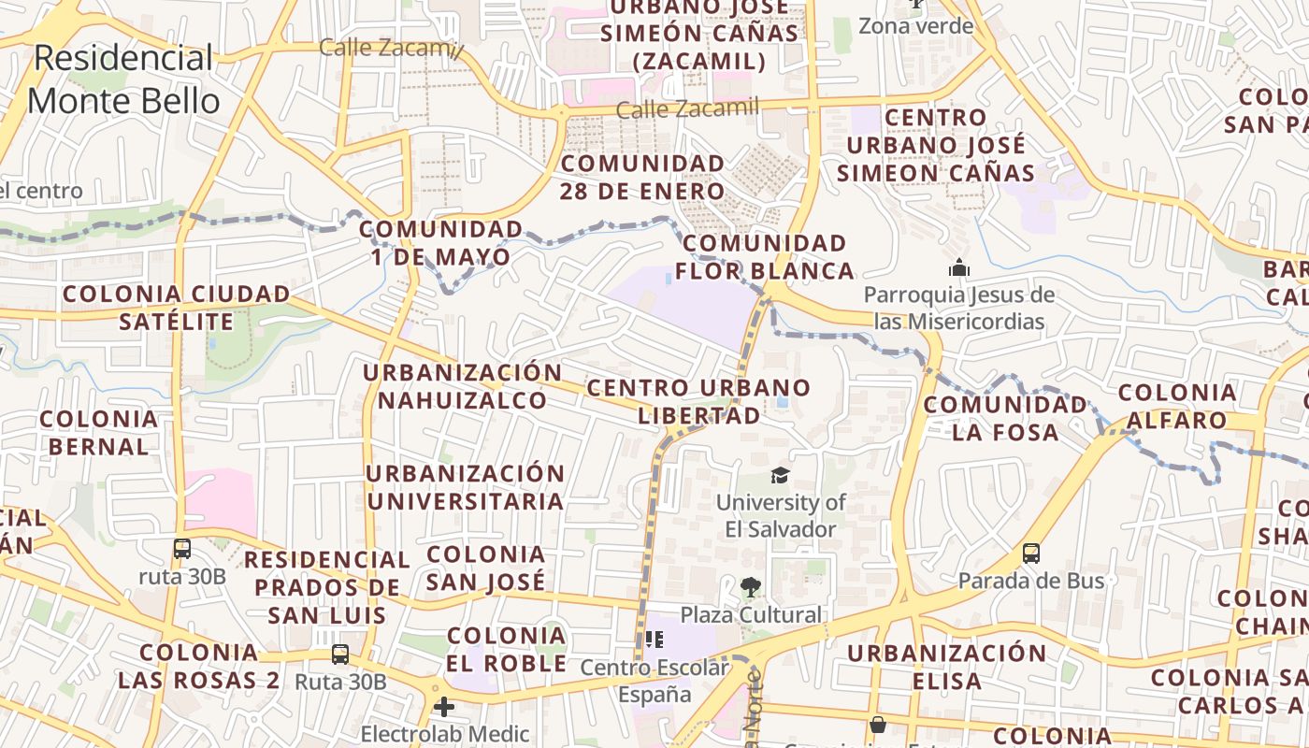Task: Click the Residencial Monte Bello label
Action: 123,79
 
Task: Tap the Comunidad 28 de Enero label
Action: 642,177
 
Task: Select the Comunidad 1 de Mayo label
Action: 441,242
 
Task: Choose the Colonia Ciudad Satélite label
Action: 176,308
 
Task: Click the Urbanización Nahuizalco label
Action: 463,386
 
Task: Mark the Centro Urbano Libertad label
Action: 698,401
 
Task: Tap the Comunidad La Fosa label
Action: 1005,418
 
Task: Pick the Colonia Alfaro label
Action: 1176,406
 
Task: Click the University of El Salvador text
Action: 781,515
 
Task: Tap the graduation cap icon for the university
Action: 780,476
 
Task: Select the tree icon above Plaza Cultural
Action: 750,587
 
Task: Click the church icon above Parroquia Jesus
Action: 958,268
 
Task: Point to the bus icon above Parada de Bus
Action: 1031,553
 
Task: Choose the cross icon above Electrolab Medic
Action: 444,706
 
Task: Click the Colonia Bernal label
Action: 99,432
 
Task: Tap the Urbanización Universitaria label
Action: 465,487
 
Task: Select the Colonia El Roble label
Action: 507,649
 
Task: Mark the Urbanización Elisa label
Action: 946,666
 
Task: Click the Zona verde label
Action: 916,25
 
